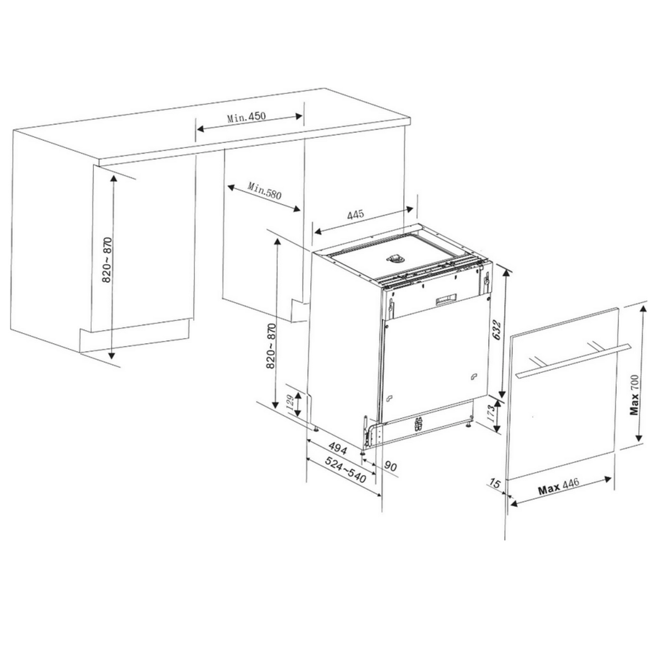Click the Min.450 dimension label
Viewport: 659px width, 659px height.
coord(246,117)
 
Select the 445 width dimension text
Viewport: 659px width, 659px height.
coord(355,215)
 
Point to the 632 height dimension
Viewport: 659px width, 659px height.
coord(496,331)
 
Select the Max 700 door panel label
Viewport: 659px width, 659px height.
coord(635,395)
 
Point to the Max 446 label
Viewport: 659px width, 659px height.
coord(558,486)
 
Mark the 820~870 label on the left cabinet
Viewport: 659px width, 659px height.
coord(108,260)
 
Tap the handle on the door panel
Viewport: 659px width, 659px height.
coord(573,361)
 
